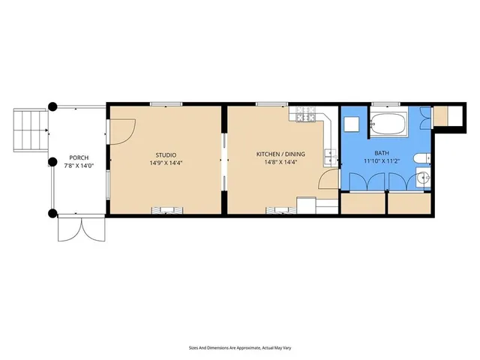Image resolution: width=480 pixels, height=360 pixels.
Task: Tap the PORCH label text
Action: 79,157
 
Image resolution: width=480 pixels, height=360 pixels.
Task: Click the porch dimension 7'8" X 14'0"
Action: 79,165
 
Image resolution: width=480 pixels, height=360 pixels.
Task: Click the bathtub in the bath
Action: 388,124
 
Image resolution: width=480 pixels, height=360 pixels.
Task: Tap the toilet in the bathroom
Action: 422,157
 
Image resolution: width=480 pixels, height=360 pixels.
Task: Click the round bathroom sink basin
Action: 423,178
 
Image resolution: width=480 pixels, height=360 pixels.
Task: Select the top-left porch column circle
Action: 52,106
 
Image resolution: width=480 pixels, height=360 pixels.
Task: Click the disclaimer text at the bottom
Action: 239,347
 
